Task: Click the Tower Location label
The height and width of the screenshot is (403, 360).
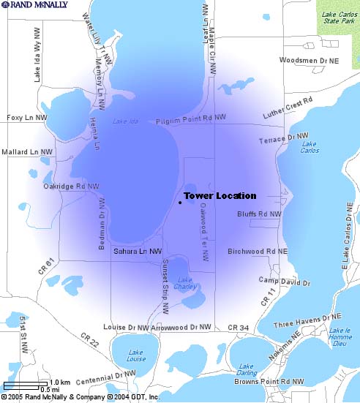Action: (x=220, y=196)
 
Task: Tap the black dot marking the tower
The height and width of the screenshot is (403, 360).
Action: (x=179, y=202)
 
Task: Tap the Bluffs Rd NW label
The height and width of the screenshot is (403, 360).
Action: (x=259, y=214)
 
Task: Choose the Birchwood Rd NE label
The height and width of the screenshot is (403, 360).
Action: (x=258, y=251)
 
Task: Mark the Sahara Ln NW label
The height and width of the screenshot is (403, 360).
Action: (x=138, y=252)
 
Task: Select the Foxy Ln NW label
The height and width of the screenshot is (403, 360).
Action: (x=26, y=117)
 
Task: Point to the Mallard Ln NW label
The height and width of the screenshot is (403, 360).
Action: (x=28, y=152)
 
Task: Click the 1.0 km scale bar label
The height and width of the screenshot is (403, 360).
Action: (x=59, y=383)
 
